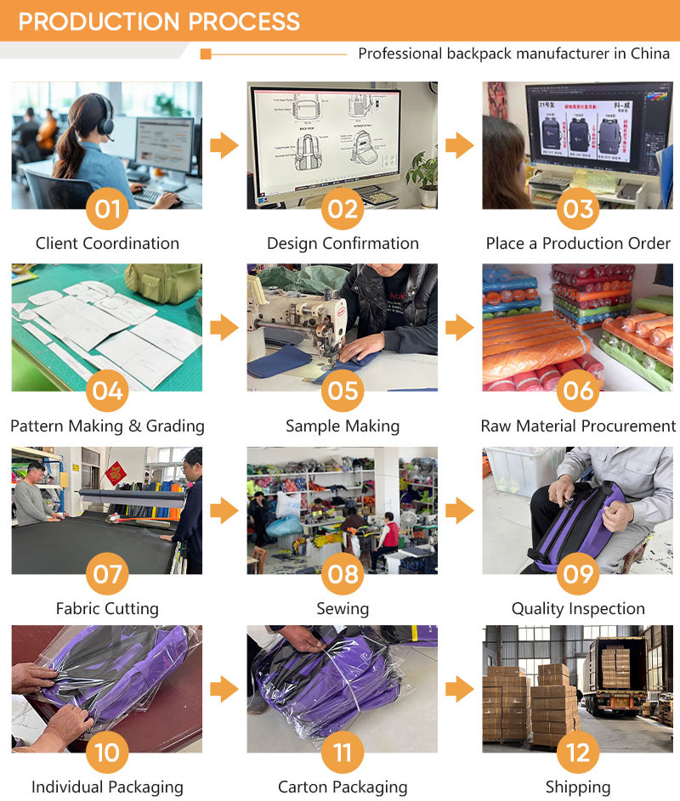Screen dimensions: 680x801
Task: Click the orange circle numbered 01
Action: coord(107,208)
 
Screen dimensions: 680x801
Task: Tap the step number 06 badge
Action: coord(578,391)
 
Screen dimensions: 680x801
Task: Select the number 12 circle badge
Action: coord(578,752)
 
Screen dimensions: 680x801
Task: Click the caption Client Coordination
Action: coord(107,244)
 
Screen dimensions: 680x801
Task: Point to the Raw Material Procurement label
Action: coord(578,426)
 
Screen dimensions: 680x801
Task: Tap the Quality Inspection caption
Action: coord(578,609)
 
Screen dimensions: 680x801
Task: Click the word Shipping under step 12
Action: coord(578,787)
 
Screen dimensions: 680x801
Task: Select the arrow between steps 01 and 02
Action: coord(224,145)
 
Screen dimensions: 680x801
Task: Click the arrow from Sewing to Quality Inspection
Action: coord(460,510)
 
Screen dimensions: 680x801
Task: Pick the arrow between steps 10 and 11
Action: coord(224,689)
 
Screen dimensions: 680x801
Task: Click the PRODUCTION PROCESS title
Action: coord(159,21)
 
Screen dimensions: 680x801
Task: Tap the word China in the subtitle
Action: coord(650,54)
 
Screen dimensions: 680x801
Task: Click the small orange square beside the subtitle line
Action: coord(206,54)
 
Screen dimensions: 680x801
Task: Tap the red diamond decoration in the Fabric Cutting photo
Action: coord(116,473)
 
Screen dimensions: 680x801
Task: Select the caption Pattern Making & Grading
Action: coord(107,426)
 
